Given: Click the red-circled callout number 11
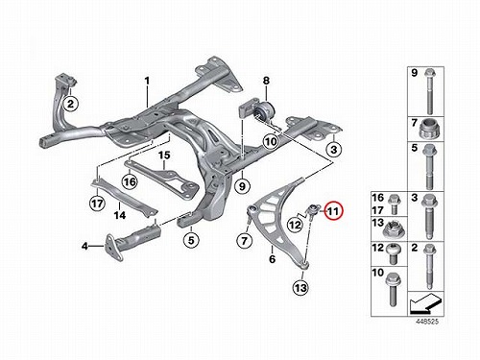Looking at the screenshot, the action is point(333,211).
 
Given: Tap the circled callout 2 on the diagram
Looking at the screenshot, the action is point(70,104).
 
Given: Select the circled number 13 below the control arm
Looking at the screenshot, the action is point(300,288).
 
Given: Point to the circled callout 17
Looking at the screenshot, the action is point(97,204).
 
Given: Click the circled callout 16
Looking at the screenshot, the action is point(130,182).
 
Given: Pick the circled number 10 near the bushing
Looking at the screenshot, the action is point(271,141).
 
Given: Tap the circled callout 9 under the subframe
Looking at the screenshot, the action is point(242,185).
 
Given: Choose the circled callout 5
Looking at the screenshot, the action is point(191,240).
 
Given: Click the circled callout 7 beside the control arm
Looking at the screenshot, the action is point(244,240).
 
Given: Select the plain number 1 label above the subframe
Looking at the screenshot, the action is point(147,81).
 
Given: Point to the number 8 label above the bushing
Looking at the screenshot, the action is point(266,81).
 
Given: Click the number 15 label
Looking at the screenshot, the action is point(164,156).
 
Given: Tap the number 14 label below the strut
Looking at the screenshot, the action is point(120,215).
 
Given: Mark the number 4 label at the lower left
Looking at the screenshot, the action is point(84,246).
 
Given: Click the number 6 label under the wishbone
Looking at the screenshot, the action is point(272,259).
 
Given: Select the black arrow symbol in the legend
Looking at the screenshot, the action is point(425,303).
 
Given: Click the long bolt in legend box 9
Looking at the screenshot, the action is point(429,91).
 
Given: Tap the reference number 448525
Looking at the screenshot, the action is point(427,322).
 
